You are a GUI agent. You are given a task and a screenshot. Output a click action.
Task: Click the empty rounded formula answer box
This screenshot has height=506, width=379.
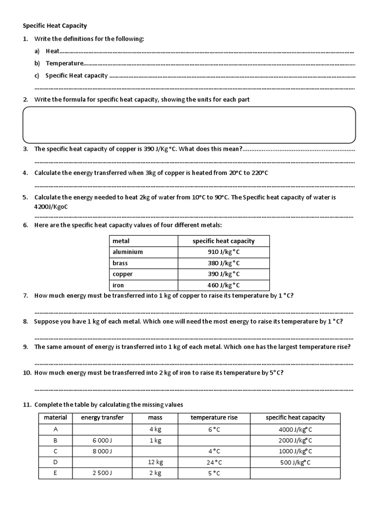(x=189, y=125)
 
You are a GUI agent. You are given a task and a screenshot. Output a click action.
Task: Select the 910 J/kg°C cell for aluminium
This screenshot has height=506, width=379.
(x=224, y=252)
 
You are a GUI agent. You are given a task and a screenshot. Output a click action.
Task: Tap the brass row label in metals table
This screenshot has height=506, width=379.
(x=120, y=263)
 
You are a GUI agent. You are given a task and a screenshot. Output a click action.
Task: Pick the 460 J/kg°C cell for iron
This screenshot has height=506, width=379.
(x=224, y=285)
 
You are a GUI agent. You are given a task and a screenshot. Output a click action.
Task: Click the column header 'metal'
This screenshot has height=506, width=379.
(x=121, y=241)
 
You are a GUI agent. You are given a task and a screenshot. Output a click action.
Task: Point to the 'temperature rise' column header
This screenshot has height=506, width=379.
(x=214, y=418)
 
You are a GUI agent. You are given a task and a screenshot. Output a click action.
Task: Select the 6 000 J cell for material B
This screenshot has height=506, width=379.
(x=102, y=440)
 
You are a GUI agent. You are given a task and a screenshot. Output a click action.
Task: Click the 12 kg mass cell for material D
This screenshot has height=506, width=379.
(x=155, y=462)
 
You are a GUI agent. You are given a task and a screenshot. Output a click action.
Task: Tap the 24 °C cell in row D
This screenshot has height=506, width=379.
(x=214, y=463)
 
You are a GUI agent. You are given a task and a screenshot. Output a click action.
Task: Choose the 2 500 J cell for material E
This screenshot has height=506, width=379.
(x=102, y=473)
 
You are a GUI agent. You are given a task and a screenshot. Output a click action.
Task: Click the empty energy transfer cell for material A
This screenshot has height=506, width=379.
(x=102, y=429)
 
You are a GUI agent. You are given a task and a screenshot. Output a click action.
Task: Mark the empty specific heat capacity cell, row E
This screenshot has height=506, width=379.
(x=295, y=473)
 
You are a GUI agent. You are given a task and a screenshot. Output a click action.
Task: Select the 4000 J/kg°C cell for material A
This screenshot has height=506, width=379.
(x=295, y=429)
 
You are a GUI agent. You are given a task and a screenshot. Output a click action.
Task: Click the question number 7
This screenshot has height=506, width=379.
(x=26, y=295)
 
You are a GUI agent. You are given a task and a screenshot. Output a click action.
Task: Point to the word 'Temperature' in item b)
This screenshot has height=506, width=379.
(x=64, y=63)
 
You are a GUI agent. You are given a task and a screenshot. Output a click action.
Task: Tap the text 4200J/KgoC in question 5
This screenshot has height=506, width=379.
(x=51, y=207)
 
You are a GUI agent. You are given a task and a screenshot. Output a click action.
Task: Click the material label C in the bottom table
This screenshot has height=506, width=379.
(x=55, y=451)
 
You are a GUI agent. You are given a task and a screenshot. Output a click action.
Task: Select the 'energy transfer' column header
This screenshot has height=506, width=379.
(x=102, y=418)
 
